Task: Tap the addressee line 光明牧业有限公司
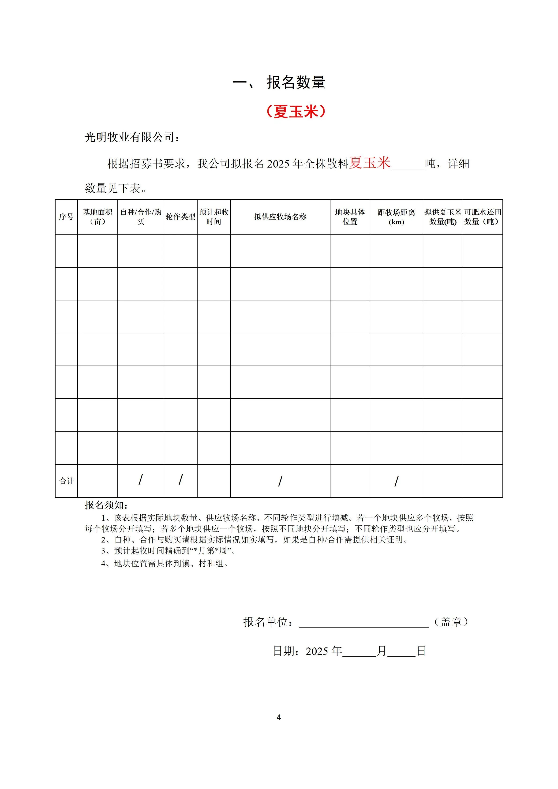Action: tap(132, 138)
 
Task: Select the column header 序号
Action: tap(66, 217)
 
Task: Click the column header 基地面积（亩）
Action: tap(97, 217)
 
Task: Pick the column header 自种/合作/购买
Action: tap(141, 217)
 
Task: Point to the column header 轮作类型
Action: tap(180, 217)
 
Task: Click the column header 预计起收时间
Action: tap(214, 217)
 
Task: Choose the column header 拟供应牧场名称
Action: tap(280, 217)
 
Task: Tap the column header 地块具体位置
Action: tap(350, 217)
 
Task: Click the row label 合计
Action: tap(66, 481)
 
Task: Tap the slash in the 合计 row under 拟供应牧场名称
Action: tap(280, 481)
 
